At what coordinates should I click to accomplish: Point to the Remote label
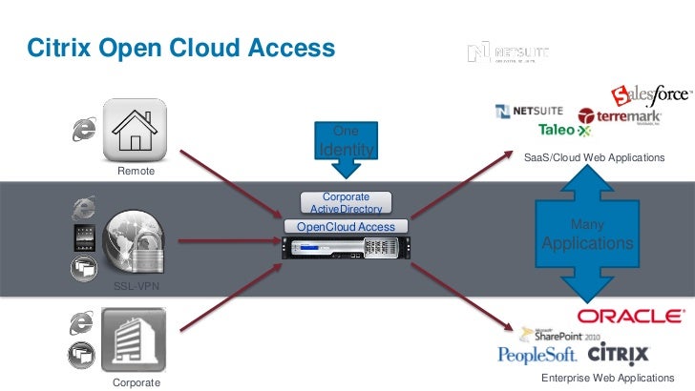click(135, 172)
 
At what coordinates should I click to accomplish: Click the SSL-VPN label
click(127, 286)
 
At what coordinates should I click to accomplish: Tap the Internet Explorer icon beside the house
click(83, 132)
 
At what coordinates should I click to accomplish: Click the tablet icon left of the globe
click(82, 237)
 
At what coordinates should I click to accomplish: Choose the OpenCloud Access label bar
click(346, 227)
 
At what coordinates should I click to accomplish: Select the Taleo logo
click(564, 130)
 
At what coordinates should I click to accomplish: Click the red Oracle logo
click(629, 316)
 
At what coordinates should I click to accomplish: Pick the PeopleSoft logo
click(537, 356)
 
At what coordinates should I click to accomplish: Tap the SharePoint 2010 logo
click(558, 335)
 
